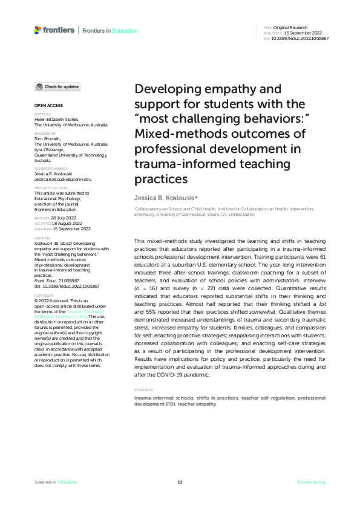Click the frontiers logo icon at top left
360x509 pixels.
pyautogui.click(x=38, y=30)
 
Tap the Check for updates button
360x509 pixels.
pyautogui.click(x=57, y=87)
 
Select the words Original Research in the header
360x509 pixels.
pyautogui.click(x=291, y=28)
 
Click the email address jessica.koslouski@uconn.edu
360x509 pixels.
pyautogui.click(x=63, y=180)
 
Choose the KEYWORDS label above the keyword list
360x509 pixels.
pyautogui.click(x=143, y=390)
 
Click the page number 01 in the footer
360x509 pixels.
pyautogui.click(x=180, y=482)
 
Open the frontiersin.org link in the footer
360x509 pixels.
pyautogui.click(x=312, y=482)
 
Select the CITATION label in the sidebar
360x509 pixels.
pyautogui.click(x=42, y=238)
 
